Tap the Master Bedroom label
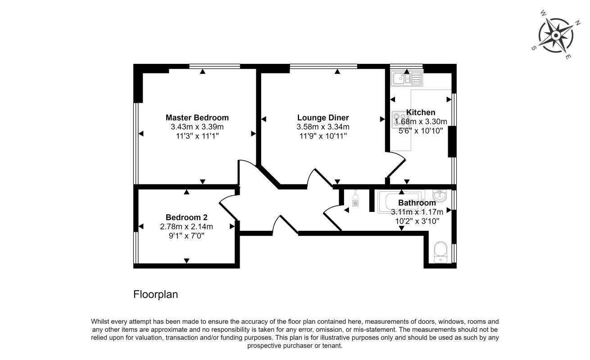[197, 117]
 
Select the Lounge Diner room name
[322, 118]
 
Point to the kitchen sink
[406, 79]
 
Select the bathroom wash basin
[439, 197]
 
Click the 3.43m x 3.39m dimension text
[197, 127]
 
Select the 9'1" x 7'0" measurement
[186, 235]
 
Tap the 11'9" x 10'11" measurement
[322, 136]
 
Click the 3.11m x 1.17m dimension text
[417, 212]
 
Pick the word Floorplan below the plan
[155, 295]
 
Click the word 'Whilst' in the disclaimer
[101, 322]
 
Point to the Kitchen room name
[421, 112]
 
